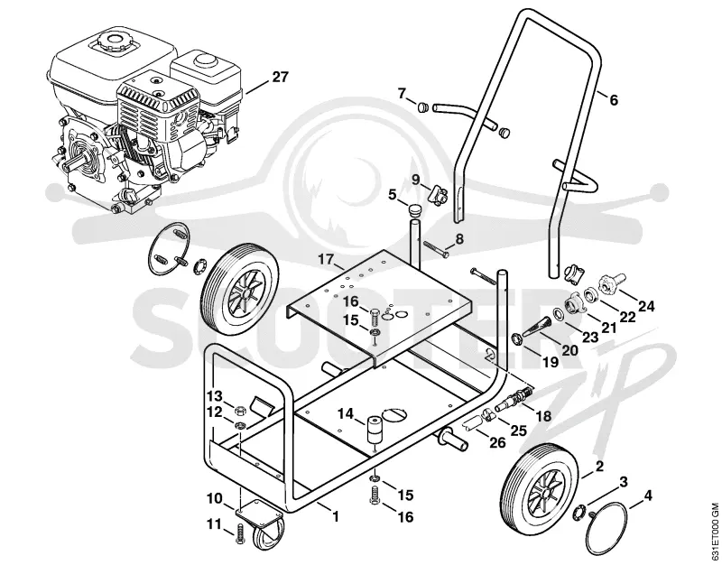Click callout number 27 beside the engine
pyautogui.click(x=280, y=77)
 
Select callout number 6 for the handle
pyautogui.click(x=614, y=100)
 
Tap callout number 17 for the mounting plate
pyautogui.click(x=326, y=260)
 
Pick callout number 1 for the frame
pyautogui.click(x=336, y=516)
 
